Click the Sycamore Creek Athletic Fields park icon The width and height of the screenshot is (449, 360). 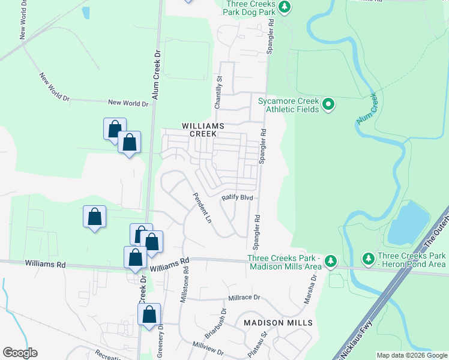point(328,105)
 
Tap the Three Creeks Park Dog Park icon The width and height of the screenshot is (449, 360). point(286,7)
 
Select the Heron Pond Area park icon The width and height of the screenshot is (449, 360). point(368,259)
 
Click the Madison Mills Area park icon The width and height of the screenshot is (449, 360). point(330,261)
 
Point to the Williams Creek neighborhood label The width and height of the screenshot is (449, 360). point(203,130)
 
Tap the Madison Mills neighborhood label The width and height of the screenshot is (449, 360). point(278,323)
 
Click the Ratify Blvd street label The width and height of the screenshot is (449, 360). point(238,197)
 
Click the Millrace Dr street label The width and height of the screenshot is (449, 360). point(244,298)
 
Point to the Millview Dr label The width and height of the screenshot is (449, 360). point(208,349)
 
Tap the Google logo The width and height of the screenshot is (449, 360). point(20,353)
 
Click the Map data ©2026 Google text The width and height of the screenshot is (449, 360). point(411,355)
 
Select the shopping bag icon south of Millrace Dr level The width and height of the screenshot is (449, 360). point(149,314)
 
